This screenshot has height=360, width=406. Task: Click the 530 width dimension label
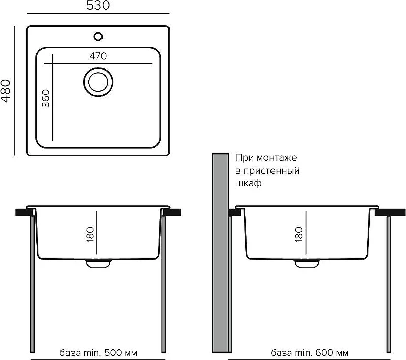point(98,5)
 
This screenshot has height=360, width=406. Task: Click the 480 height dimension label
point(6,91)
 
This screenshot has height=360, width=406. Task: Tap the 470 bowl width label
point(98,56)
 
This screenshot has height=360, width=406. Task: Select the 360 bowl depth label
point(46,98)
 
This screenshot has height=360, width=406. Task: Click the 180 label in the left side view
point(90,235)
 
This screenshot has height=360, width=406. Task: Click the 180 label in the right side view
point(299,235)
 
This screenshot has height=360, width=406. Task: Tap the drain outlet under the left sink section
point(98,264)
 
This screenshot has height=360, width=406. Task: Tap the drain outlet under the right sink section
point(307,264)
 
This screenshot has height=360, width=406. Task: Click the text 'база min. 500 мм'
point(98,353)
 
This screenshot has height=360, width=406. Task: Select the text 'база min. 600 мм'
point(310,353)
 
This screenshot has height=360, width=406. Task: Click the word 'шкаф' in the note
point(248,183)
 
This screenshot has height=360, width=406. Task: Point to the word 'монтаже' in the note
point(277,158)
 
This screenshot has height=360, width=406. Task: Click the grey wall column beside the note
point(220,253)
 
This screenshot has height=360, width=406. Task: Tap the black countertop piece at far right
point(390,212)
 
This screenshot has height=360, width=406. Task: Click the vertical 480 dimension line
point(14,91)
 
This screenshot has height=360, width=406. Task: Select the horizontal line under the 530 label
point(98,13)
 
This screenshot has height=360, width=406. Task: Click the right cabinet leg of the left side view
point(163,284)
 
